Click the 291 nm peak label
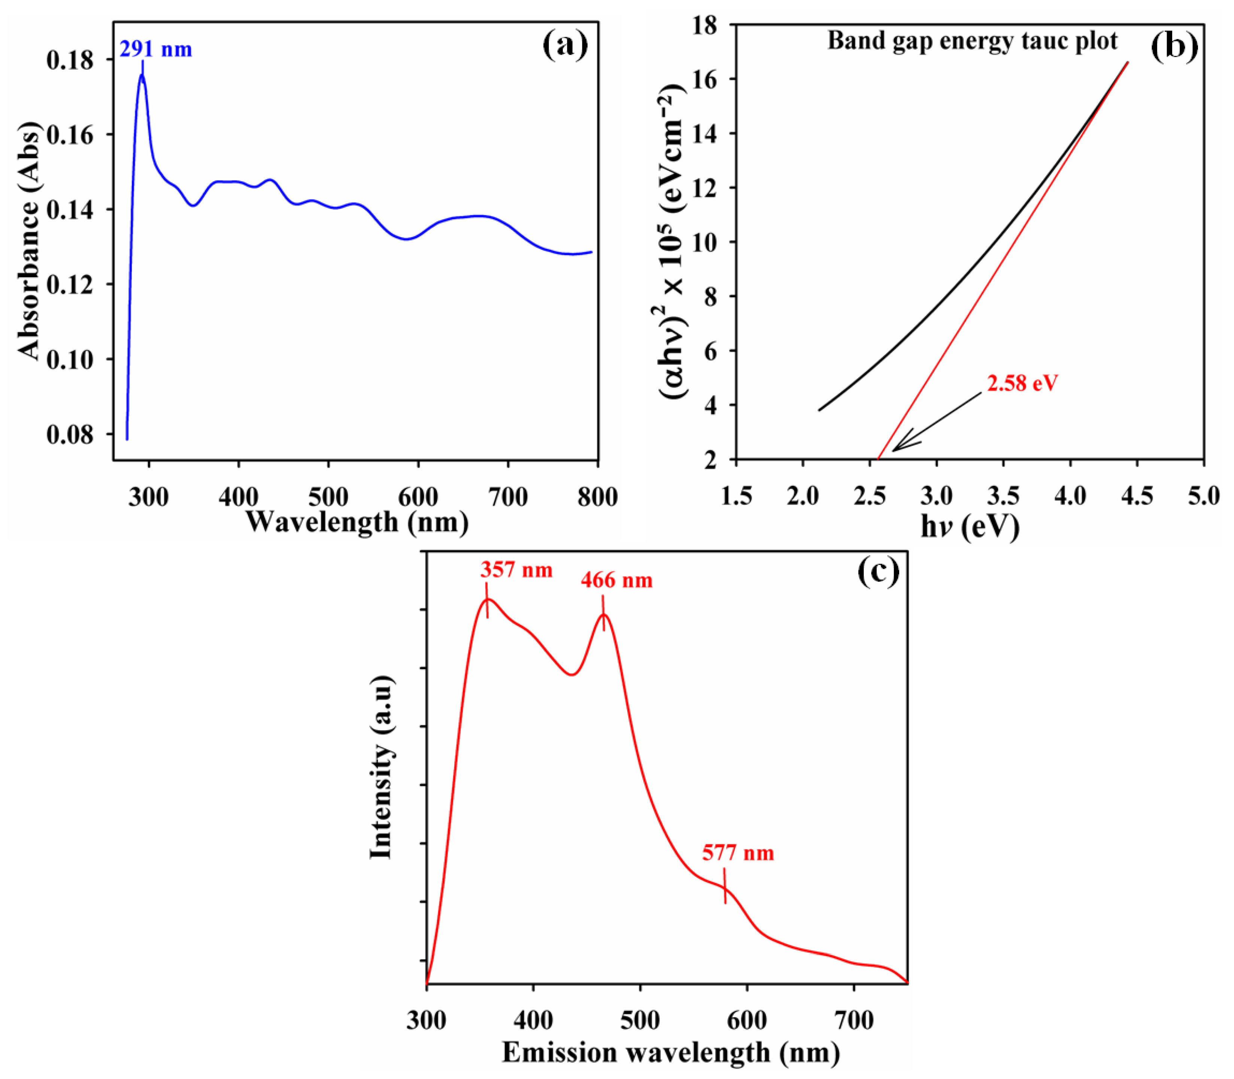(155, 49)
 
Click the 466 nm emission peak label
(616, 580)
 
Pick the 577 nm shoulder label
(738, 853)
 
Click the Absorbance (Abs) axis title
(29, 241)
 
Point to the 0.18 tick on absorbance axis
(70, 60)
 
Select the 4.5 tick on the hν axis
(1137, 496)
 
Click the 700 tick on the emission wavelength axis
(854, 1021)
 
